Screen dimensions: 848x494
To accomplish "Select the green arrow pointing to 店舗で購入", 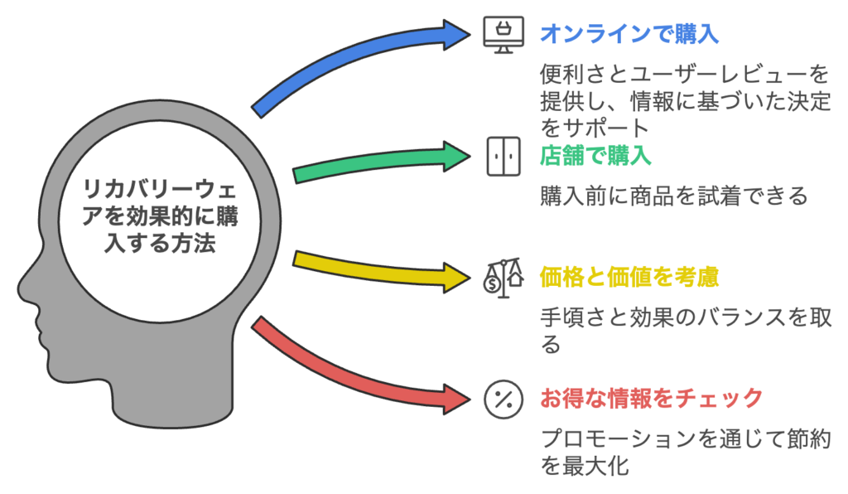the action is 378,162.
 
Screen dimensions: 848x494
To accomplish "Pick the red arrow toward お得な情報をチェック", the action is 351,373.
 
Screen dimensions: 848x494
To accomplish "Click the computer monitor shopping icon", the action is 503,35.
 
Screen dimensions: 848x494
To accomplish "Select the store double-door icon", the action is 503,157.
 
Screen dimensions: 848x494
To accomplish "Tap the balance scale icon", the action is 503,278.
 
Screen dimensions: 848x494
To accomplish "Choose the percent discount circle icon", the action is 503,400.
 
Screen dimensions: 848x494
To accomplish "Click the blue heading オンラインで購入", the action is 629,33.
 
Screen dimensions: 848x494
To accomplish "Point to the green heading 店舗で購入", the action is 595,155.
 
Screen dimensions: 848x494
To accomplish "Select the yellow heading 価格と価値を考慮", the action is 629,277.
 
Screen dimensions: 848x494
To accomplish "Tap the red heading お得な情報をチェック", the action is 652,399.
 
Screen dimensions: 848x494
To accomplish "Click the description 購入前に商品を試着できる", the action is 674,196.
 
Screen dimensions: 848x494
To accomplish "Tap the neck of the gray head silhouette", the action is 173,400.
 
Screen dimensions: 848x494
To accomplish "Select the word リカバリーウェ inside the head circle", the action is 160,190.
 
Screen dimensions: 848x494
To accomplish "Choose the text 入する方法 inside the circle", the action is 160,243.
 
